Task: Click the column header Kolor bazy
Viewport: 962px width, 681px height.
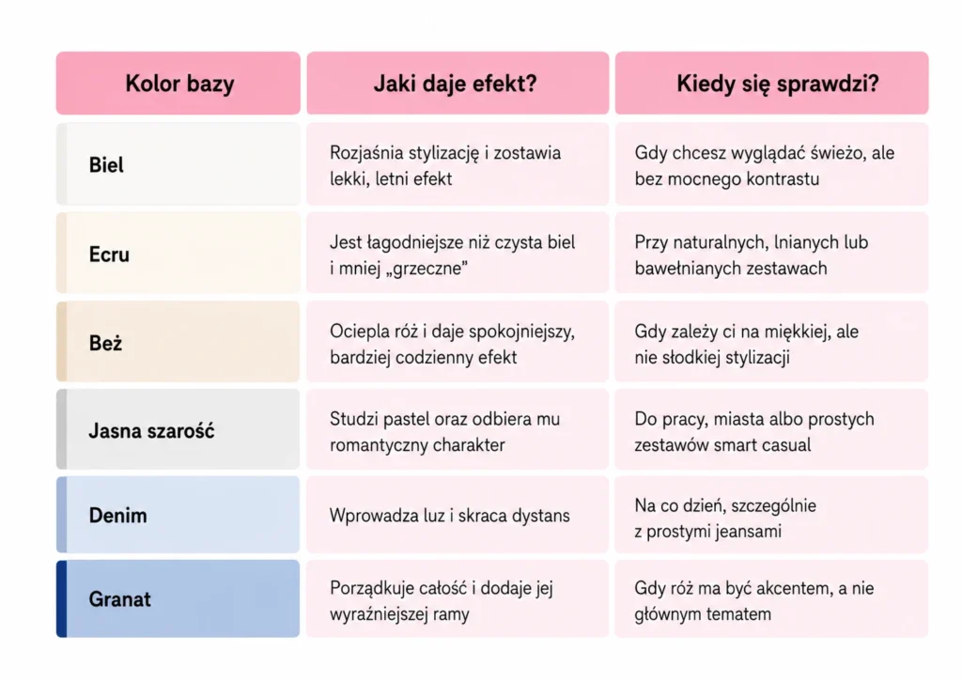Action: coord(179,84)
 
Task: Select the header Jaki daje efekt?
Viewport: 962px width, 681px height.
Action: coord(456,84)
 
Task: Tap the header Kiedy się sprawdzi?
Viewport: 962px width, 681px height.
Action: coord(777,84)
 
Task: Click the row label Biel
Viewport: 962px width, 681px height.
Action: coord(106,165)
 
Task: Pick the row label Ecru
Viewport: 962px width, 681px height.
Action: coord(109,254)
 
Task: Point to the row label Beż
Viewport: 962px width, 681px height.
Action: coord(105,343)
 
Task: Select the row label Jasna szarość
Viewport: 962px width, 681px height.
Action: coord(151,431)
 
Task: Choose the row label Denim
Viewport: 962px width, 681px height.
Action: coord(117,516)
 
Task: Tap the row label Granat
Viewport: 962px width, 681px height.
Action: coord(119,598)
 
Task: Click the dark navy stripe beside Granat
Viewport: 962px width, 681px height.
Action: coord(61,598)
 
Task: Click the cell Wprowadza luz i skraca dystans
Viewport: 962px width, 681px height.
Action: coord(450,516)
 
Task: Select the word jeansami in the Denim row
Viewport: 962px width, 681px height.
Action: coord(744,532)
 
